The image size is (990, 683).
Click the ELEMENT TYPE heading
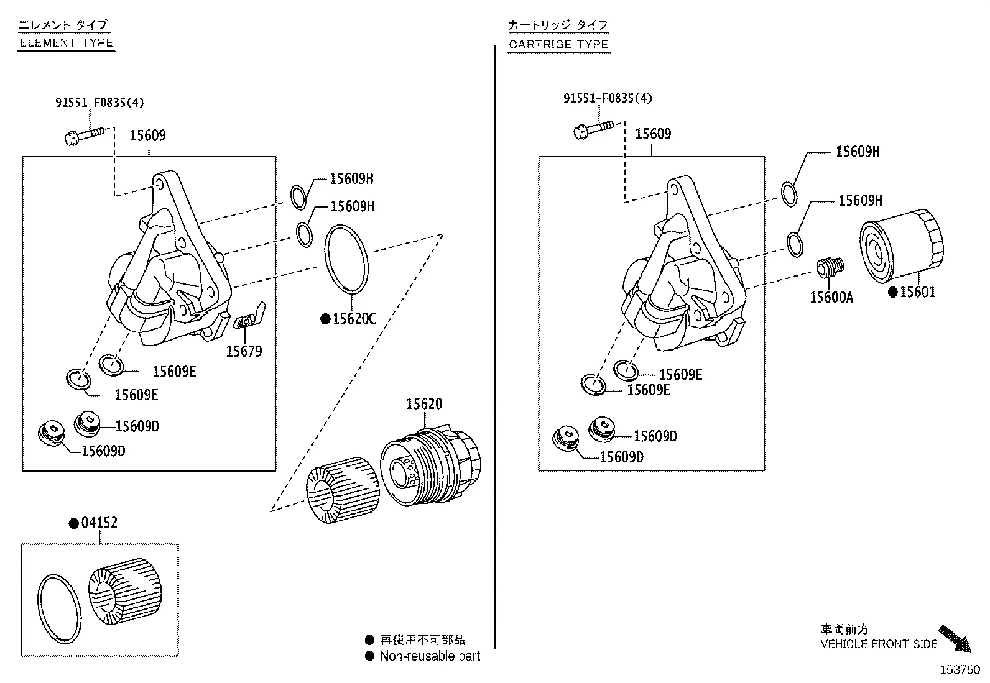coord(67,43)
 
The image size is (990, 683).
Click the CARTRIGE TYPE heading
coord(558,44)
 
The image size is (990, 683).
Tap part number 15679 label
coord(244,351)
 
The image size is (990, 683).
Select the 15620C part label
coord(354,319)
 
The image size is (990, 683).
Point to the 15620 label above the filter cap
coord(424,403)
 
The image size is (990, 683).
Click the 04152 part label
coord(99,523)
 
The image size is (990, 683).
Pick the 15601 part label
coord(917,291)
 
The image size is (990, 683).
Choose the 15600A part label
coord(831,297)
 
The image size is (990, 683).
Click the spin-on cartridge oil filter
coord(902,245)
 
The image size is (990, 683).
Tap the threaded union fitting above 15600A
coord(830,267)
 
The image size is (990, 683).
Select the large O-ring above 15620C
coord(346,259)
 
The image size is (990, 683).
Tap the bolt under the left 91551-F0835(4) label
coord(85,135)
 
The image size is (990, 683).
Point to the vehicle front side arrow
coord(955,638)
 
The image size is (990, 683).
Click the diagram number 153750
coord(960,670)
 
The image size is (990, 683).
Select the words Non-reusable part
coord(430,656)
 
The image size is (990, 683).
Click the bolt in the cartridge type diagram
coord(594,130)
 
